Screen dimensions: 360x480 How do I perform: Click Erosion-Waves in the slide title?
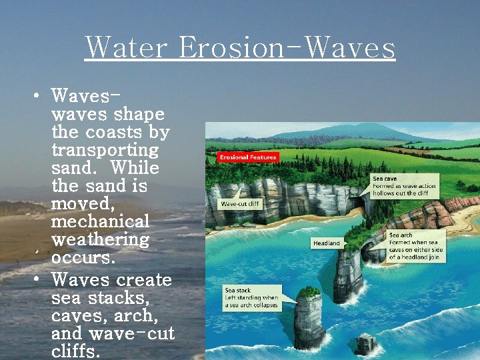click(x=287, y=48)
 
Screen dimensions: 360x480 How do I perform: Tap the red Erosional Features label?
click(x=247, y=157)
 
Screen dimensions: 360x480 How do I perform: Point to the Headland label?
click(x=327, y=243)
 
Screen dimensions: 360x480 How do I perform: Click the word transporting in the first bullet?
click(x=105, y=150)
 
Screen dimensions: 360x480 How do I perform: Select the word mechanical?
click(x=100, y=221)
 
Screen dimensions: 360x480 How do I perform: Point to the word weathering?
click(x=100, y=239)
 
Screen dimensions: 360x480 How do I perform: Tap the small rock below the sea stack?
click(x=365, y=344)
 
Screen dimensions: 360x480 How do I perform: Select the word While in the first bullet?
click(x=135, y=167)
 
